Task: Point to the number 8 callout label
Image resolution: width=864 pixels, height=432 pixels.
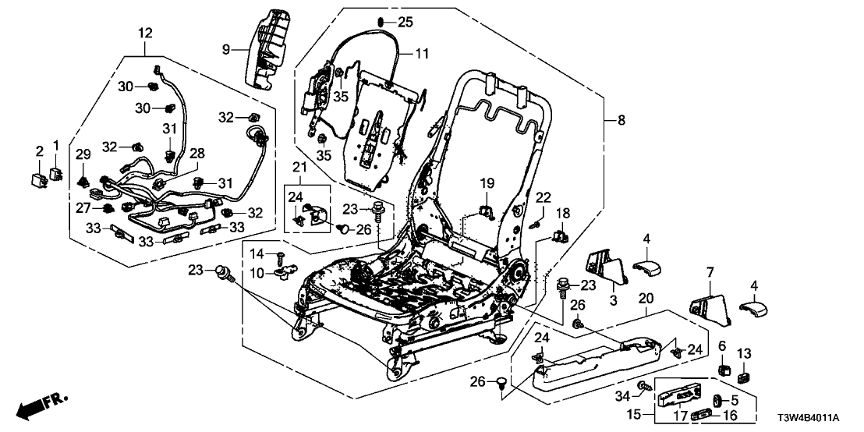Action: point(621,120)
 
